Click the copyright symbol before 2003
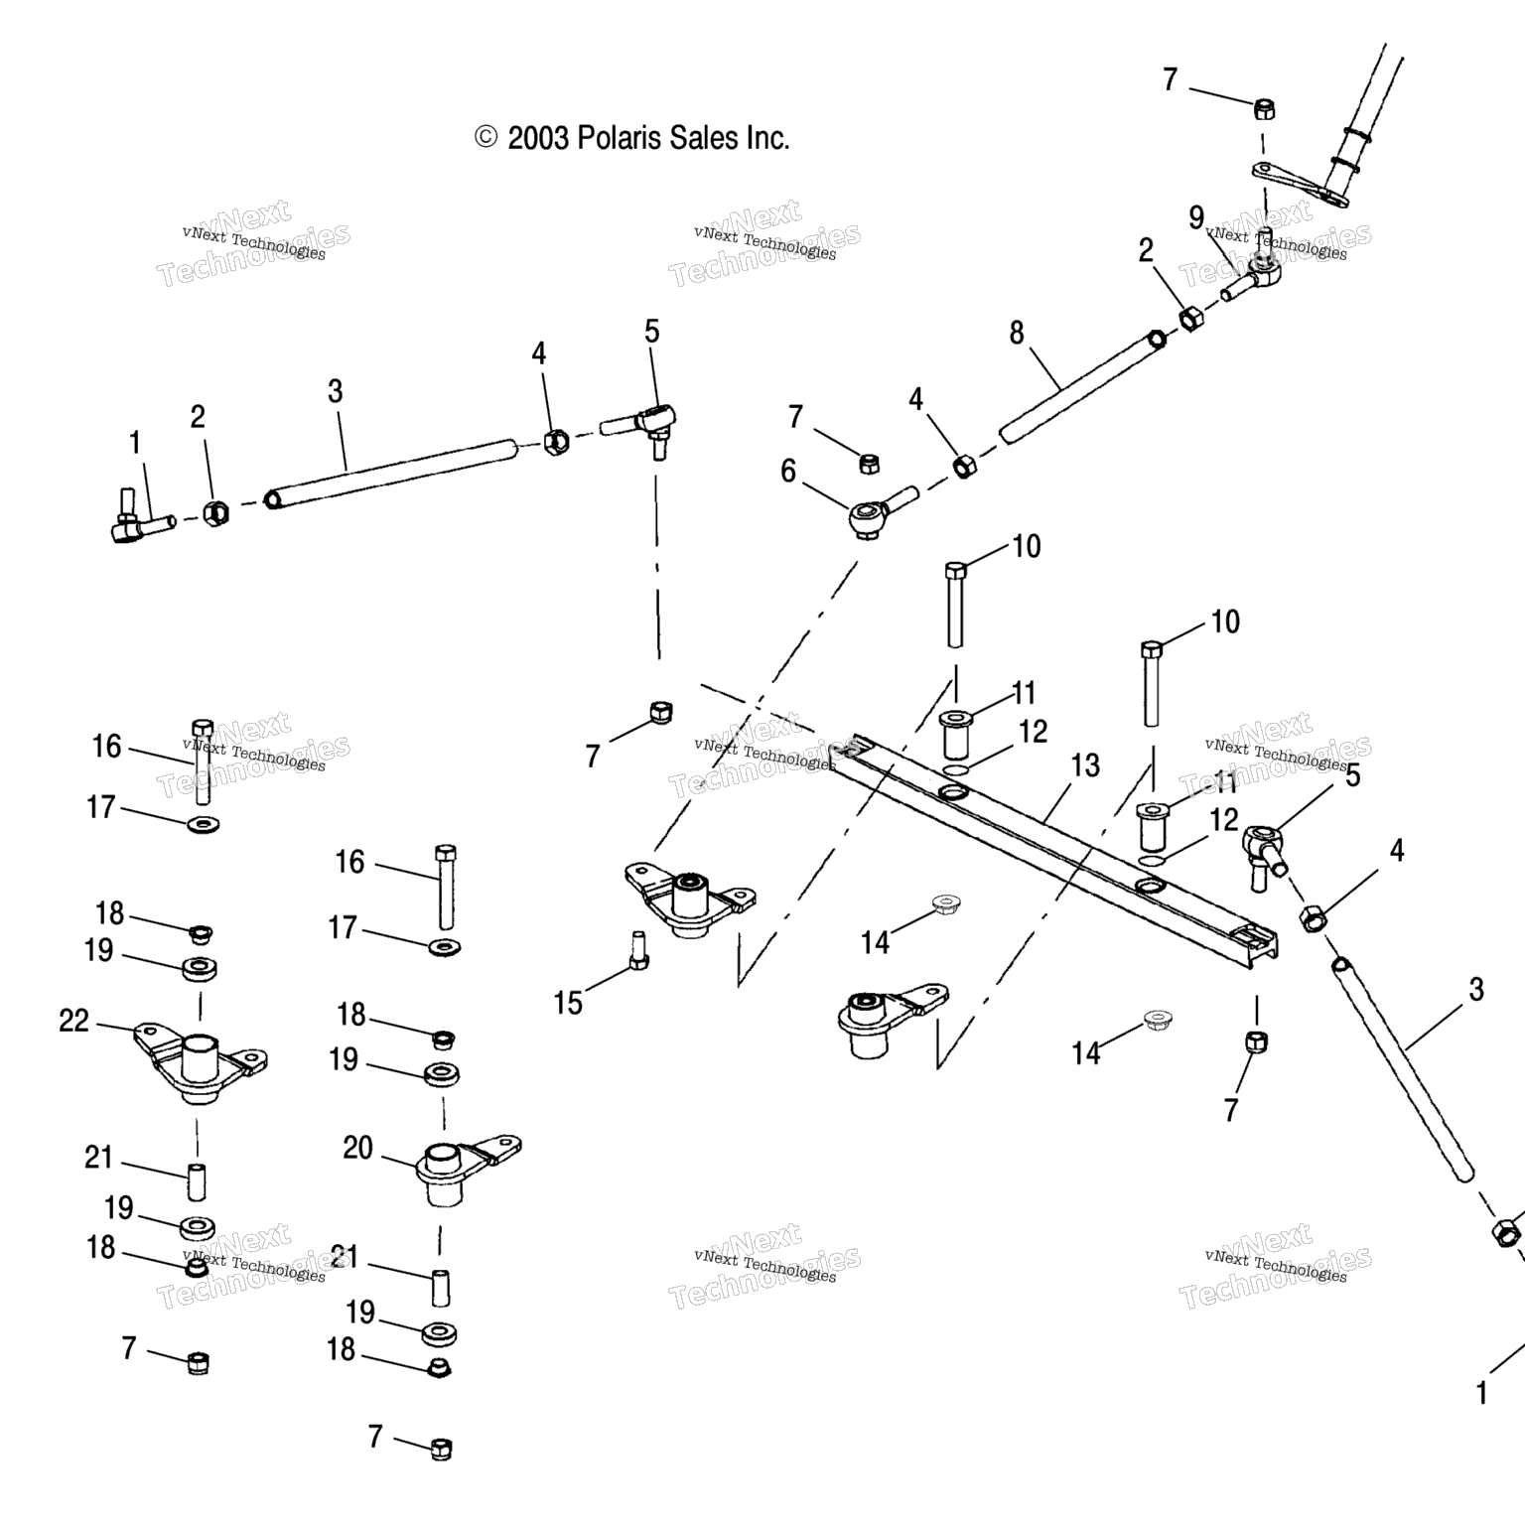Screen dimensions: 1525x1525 (x=485, y=137)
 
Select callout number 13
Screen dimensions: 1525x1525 (x=1085, y=765)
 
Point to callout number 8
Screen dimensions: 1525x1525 (x=1017, y=333)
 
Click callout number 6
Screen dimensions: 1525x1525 (x=788, y=471)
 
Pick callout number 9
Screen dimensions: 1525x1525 (x=1196, y=217)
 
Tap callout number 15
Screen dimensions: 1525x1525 (x=568, y=1003)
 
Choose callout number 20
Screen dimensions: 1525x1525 (x=357, y=1148)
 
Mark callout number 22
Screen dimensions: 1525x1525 (x=74, y=1021)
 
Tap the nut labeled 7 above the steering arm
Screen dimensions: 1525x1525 (x=1265, y=108)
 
